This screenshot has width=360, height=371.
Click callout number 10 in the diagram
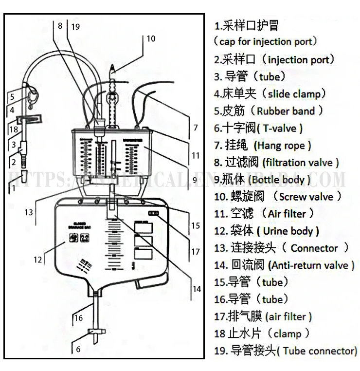pyautogui.click(x=151, y=38)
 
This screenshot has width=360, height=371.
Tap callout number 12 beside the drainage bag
pyautogui.click(x=38, y=260)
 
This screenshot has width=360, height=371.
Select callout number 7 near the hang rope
pyautogui.click(x=195, y=128)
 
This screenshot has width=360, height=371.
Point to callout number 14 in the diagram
pyautogui.click(x=196, y=289)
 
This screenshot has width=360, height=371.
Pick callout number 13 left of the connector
pyautogui.click(x=29, y=212)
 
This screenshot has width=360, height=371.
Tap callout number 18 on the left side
pyautogui.click(x=13, y=130)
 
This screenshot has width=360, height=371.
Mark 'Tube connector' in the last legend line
pyautogui.click(x=319, y=351)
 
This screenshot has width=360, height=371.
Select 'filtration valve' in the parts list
pyautogui.click(x=300, y=163)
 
